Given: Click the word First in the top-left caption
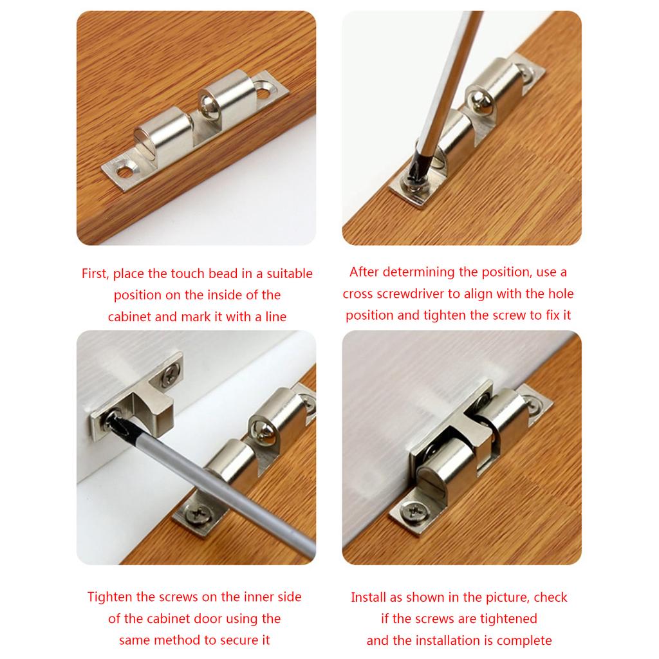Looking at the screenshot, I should click(x=95, y=274).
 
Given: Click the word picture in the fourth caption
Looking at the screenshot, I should click(x=505, y=597).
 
